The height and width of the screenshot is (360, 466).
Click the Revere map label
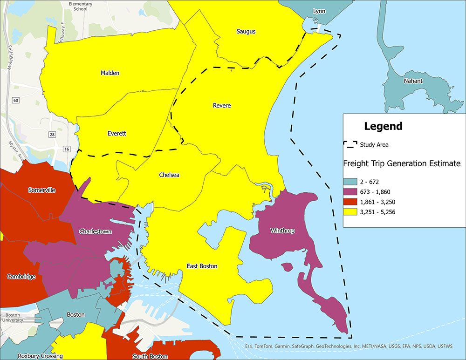pyautogui.click(x=222, y=106)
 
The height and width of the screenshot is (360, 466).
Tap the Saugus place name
pyautogui.click(x=246, y=32)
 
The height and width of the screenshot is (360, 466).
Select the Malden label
pyautogui.click(x=110, y=73)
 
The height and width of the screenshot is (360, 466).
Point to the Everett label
pyautogui.click(x=117, y=134)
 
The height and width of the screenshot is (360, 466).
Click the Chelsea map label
pyautogui.click(x=169, y=175)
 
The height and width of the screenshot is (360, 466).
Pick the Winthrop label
pyautogui.click(x=282, y=231)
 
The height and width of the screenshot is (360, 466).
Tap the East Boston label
pyautogui.click(x=202, y=266)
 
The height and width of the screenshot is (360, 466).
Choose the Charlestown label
pyautogui.click(x=95, y=231)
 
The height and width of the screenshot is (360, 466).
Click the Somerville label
pyautogui.click(x=41, y=190)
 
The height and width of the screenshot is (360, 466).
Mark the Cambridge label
pyautogui.click(x=21, y=277)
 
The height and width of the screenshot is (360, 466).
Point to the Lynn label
pyautogui.click(x=319, y=11)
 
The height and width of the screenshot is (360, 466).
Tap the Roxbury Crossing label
pyautogui.click(x=40, y=356)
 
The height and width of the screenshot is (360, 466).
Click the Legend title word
pyautogui.click(x=383, y=126)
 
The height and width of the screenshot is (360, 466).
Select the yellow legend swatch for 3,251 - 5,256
pyautogui.click(x=350, y=212)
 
